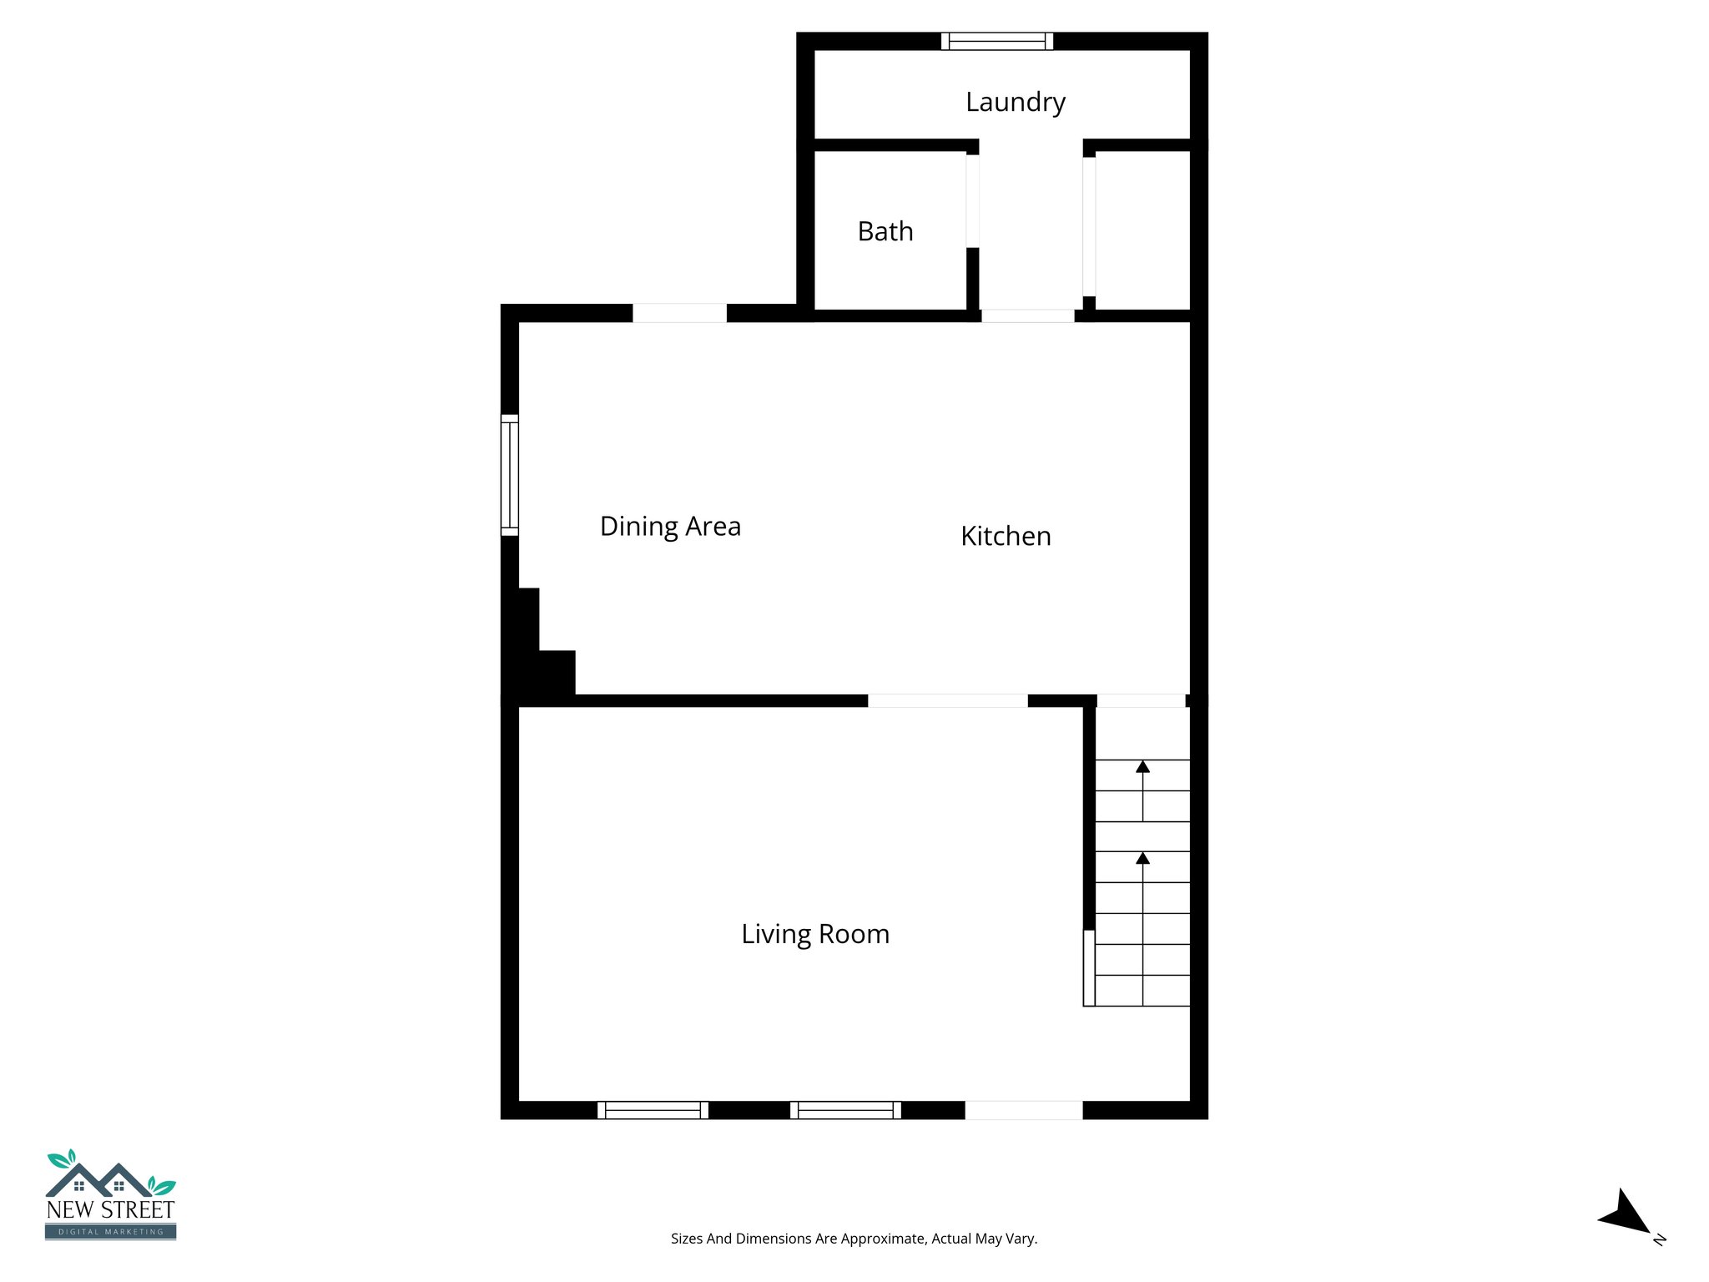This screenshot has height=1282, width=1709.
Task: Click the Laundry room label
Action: (1015, 102)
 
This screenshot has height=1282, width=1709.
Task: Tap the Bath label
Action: (885, 231)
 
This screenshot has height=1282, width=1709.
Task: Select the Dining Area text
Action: (670, 526)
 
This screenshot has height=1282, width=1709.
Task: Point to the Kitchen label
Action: (1006, 536)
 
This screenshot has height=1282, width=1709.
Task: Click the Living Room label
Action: (815, 933)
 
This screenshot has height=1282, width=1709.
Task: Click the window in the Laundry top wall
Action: (997, 41)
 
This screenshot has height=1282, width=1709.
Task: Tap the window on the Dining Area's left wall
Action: (509, 475)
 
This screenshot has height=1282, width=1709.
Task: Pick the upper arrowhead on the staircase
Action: (1142, 766)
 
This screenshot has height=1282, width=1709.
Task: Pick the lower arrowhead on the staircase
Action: (1142, 858)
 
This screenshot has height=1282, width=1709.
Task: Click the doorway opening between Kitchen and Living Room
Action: (947, 701)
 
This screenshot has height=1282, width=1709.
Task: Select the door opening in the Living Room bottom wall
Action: (1024, 1110)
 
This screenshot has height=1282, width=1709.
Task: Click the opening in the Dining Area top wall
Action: (679, 313)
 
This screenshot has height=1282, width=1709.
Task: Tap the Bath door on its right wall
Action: (972, 201)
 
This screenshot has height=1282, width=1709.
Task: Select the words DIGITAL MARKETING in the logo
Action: (110, 1232)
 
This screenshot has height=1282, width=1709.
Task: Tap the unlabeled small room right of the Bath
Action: (1142, 230)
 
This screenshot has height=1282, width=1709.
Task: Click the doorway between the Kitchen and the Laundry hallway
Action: (1027, 315)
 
